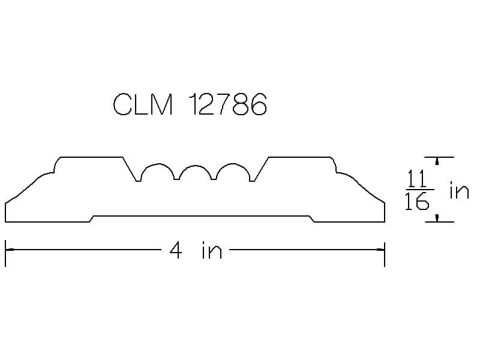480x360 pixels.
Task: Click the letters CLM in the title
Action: [x=143, y=104]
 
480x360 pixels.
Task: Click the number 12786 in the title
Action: [x=228, y=104]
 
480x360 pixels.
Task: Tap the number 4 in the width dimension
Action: [x=176, y=250]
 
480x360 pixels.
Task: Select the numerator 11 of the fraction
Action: [x=417, y=179]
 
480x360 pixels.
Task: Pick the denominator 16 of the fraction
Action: [x=417, y=201]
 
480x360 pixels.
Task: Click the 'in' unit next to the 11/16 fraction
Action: [x=459, y=190]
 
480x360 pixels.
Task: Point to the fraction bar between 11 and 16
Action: [x=419, y=190]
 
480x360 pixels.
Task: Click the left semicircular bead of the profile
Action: [x=158, y=164]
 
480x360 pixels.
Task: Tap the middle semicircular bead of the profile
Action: [x=196, y=166]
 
